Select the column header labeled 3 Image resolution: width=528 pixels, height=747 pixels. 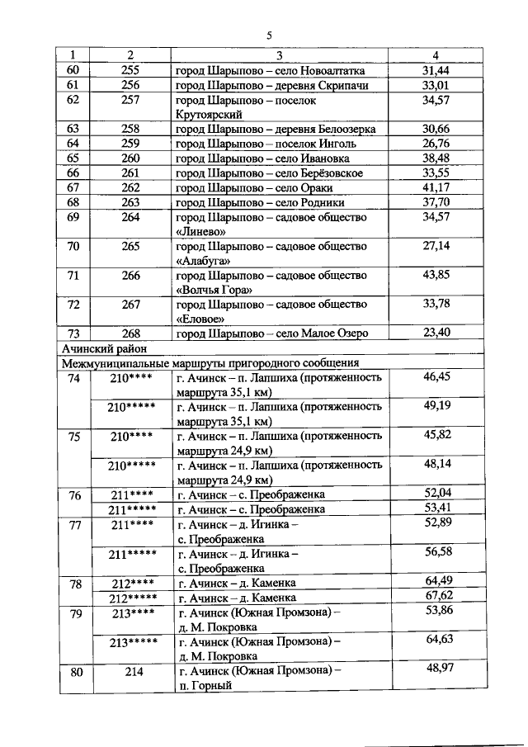pos(279,55)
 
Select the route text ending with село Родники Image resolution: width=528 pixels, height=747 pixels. pos(260,202)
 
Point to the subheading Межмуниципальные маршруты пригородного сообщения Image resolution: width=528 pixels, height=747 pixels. pos(210,363)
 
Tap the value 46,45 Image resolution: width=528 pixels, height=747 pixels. pos(436,377)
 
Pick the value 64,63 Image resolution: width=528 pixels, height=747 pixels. pos(438,640)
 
